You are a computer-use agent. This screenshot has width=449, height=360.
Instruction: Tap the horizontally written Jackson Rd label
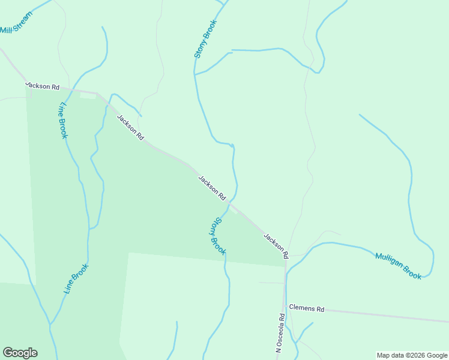point(43,86)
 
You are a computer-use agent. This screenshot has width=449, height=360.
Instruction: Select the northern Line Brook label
point(62,121)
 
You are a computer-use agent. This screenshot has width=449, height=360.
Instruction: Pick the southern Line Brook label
point(76,278)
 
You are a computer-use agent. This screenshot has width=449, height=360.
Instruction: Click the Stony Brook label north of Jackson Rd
point(204,39)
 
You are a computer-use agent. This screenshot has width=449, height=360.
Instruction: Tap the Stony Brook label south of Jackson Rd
point(217,236)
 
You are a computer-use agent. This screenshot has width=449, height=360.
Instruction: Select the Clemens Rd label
point(306,308)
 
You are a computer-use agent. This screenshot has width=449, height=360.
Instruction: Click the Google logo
point(20,353)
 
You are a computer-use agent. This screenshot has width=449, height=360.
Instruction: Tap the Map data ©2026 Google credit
point(412,355)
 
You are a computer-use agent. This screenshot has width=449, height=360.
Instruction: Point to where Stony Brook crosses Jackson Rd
point(232,203)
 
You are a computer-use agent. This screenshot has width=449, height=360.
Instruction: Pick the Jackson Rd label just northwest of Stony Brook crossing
point(212,187)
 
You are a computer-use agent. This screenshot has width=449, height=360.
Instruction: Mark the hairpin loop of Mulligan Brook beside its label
point(431,264)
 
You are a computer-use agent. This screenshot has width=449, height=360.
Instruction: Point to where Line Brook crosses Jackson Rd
point(67,89)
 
